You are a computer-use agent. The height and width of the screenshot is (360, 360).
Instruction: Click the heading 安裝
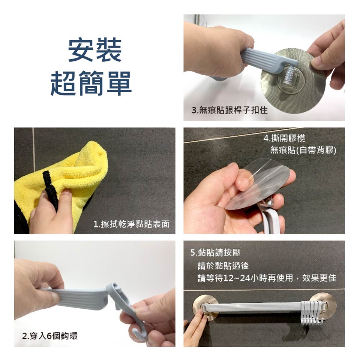click(x=95, y=50)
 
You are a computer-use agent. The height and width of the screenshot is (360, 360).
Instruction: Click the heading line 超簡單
click(x=91, y=83)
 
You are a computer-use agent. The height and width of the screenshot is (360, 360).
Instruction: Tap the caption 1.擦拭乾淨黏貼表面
click(x=131, y=224)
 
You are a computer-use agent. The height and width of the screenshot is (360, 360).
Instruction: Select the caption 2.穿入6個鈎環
click(x=49, y=336)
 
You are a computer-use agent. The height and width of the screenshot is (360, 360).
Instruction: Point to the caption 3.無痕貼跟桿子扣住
click(x=229, y=110)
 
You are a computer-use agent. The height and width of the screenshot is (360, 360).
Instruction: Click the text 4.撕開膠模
click(x=284, y=138)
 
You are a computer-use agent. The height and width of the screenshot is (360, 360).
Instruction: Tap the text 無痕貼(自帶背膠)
click(x=303, y=150)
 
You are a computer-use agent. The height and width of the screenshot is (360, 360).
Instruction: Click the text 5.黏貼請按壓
click(x=215, y=252)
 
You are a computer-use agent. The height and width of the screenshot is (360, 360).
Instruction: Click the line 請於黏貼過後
click(x=223, y=266)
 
